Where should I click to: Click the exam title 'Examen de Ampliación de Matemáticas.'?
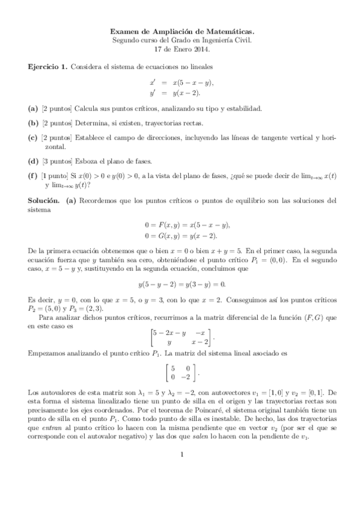[180, 28]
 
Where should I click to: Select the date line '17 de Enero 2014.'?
[180, 48]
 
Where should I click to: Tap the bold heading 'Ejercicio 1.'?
[47, 66]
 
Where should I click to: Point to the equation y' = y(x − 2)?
[176, 93]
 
